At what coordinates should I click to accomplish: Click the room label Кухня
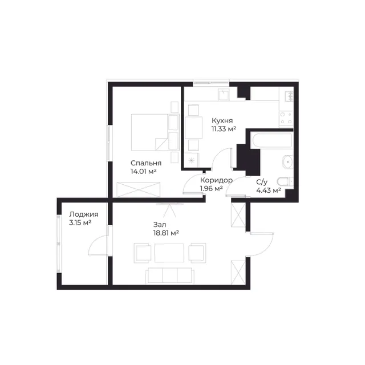pyautogui.click(x=222, y=120)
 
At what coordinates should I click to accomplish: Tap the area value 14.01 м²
pyautogui.click(x=143, y=172)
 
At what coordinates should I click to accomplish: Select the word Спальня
pyautogui.click(x=146, y=163)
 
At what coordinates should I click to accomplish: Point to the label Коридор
pyautogui.click(x=216, y=180)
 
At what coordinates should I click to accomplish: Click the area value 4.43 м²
pyautogui.click(x=269, y=190)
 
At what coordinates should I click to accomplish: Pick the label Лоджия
pyautogui.click(x=84, y=214)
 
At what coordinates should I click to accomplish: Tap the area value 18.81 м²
pyautogui.click(x=166, y=233)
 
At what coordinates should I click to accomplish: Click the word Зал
pyautogui.click(x=160, y=225)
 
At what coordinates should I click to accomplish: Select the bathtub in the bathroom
pyautogui.click(x=271, y=140)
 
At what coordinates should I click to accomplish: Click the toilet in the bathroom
pyautogui.click(x=285, y=181)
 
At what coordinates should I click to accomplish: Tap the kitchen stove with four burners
pyautogui.click(x=286, y=118)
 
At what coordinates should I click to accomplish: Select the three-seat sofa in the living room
pyautogui.click(x=170, y=276)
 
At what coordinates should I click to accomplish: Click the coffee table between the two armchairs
pyautogui.click(x=169, y=253)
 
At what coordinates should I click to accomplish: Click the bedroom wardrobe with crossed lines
pyautogui.click(x=138, y=190)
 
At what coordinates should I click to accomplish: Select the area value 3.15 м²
pyautogui.click(x=80, y=223)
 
